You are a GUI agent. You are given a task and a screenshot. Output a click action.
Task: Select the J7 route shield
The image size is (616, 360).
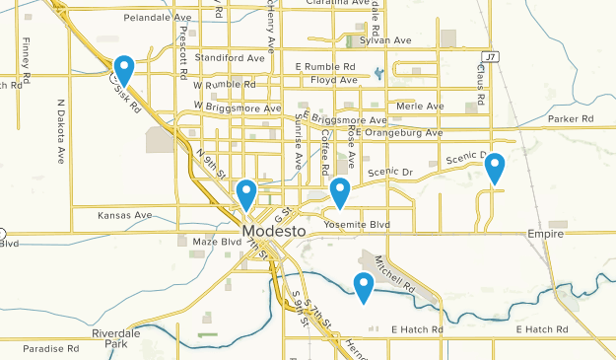[491, 57]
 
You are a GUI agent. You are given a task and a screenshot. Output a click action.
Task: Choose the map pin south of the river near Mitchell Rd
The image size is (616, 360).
[364, 286]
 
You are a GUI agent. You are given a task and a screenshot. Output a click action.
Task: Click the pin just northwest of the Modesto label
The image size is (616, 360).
[246, 193]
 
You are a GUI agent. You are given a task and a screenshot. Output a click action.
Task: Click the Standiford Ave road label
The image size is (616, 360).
[231, 58]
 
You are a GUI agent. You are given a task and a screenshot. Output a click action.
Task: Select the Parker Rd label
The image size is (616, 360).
[571, 119]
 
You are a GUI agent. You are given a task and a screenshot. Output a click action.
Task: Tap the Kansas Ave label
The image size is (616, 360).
[124, 215]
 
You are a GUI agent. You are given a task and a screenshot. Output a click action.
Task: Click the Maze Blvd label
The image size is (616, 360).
[216, 242]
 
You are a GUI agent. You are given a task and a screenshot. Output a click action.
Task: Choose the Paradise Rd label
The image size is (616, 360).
[51, 349]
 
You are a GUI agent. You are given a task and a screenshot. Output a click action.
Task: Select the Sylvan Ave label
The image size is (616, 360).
[386, 40]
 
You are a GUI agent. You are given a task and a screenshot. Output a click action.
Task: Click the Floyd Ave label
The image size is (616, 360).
[331, 79]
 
